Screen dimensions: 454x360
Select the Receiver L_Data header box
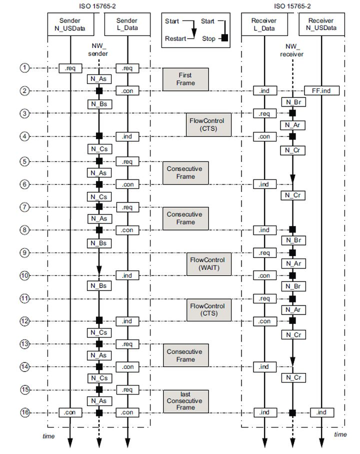(x=264, y=24)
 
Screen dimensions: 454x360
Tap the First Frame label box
(x=184, y=79)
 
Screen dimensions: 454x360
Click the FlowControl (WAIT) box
(x=207, y=263)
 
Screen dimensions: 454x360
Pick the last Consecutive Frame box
(x=184, y=401)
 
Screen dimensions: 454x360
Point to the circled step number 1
(x=25, y=67)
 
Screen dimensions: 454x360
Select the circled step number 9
(x=25, y=253)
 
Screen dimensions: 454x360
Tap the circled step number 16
(x=25, y=412)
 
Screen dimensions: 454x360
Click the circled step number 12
(x=25, y=321)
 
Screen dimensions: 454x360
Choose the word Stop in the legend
(x=208, y=38)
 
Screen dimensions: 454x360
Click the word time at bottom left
(x=48, y=436)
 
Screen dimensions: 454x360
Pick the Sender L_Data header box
(x=127, y=24)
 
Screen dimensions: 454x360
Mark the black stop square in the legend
(x=224, y=38)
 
